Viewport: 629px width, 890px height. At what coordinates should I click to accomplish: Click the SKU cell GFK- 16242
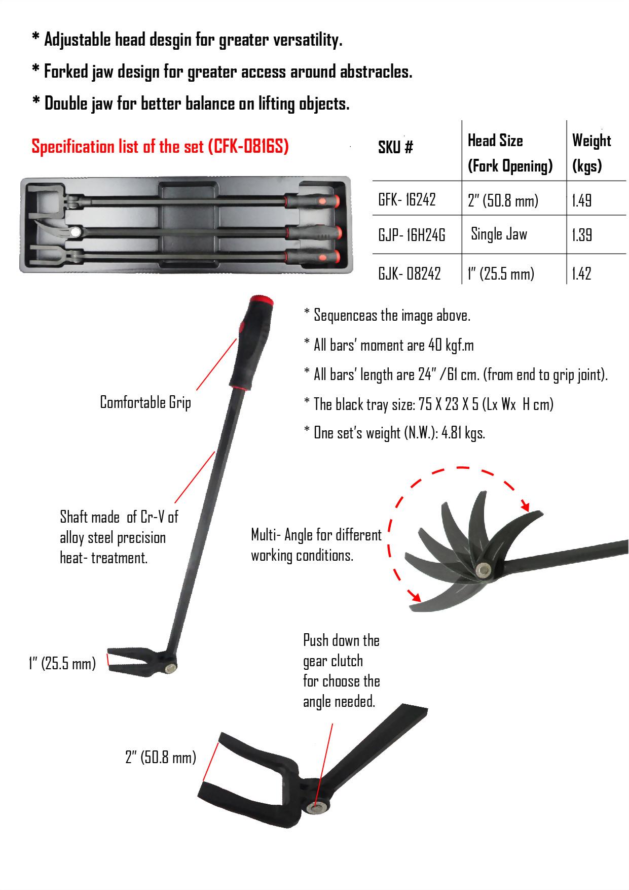click(406, 199)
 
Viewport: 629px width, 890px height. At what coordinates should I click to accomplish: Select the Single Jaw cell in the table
click(499, 234)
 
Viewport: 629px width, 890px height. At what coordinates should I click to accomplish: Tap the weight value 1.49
click(581, 200)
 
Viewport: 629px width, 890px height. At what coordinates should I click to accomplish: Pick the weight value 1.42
click(581, 274)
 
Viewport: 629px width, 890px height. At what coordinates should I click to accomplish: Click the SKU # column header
click(395, 147)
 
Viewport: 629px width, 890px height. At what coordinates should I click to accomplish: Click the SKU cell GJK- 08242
click(409, 274)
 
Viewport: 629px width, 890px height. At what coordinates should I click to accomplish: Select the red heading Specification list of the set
click(160, 147)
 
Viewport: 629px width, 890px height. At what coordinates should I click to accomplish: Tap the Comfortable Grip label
click(145, 402)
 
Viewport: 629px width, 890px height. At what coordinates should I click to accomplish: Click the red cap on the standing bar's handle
click(261, 300)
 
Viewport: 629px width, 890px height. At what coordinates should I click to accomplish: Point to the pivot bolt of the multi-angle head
click(484, 570)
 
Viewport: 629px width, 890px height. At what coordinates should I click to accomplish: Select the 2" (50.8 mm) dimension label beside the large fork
click(160, 758)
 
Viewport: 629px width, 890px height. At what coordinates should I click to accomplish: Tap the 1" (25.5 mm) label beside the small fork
click(62, 663)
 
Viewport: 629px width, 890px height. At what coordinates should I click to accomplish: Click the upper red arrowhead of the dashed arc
click(526, 506)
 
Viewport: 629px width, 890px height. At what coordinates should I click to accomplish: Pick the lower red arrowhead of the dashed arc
click(416, 597)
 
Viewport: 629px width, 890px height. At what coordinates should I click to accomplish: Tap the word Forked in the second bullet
click(66, 72)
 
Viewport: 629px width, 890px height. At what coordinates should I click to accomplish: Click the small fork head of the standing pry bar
click(134, 661)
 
